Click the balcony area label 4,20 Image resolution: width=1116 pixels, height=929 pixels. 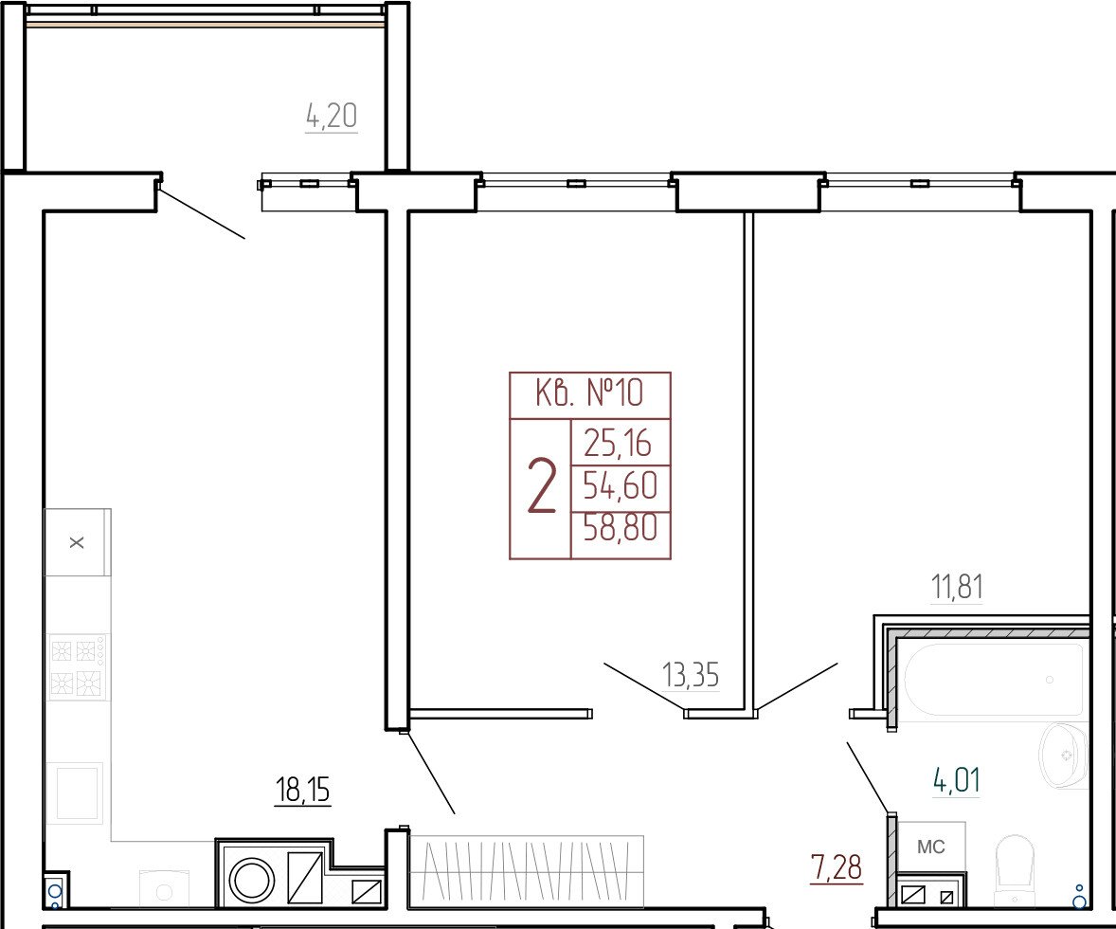(x=331, y=116)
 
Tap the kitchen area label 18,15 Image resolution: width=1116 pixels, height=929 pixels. (x=302, y=790)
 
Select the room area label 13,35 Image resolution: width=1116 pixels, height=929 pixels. (x=691, y=675)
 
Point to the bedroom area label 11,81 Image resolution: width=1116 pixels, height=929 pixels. (x=957, y=588)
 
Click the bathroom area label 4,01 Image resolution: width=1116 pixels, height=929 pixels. (x=957, y=781)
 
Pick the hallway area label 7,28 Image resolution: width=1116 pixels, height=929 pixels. (x=837, y=868)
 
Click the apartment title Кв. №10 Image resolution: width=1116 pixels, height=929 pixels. (x=588, y=392)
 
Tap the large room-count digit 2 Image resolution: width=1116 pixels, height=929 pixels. (x=541, y=487)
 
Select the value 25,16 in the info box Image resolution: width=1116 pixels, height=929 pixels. (x=618, y=444)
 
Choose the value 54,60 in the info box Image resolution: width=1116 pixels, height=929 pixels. (x=620, y=486)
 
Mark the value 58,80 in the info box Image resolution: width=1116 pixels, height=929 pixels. (x=620, y=528)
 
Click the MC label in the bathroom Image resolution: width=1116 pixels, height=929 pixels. (x=931, y=847)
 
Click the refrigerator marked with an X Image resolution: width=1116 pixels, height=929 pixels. (x=78, y=542)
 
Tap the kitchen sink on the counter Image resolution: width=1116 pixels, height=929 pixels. (x=76, y=792)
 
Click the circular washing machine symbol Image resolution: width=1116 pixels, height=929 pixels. (x=250, y=878)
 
